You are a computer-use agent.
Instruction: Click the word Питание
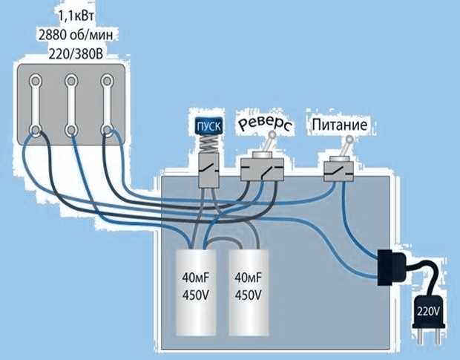(x=340, y=125)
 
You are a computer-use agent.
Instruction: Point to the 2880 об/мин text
(x=71, y=34)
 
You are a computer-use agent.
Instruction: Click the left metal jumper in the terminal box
(x=36, y=105)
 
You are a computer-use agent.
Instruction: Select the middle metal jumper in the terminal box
(x=71, y=105)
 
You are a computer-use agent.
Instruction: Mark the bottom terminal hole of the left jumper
(x=36, y=131)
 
